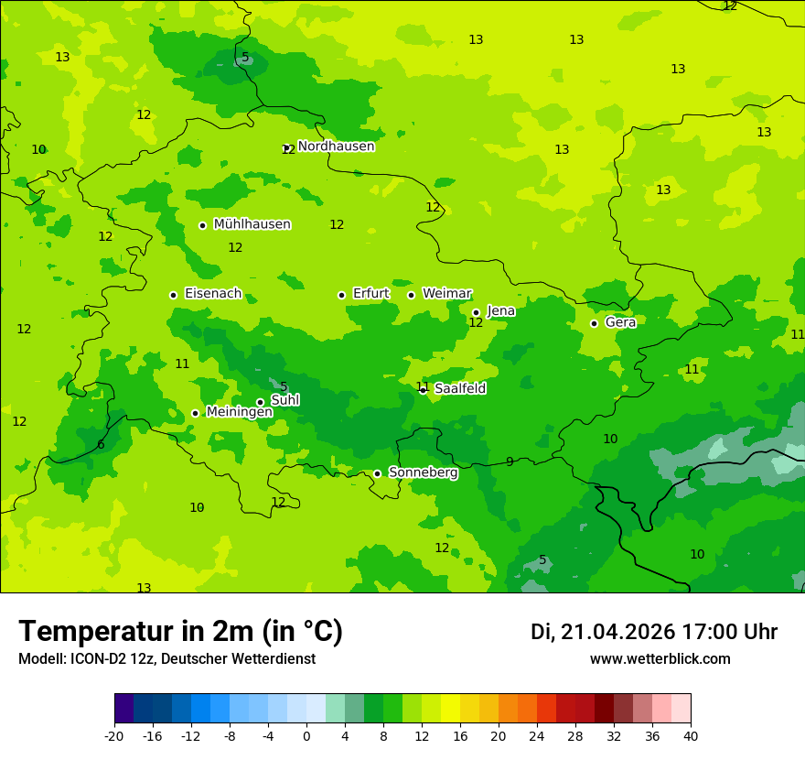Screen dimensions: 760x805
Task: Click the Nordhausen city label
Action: [x=336, y=147]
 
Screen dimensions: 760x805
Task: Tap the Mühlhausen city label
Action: [x=252, y=224]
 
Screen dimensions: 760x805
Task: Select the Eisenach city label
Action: [x=213, y=294]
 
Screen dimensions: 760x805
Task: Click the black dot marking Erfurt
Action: [x=341, y=295]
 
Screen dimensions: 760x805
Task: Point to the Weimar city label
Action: [x=446, y=294]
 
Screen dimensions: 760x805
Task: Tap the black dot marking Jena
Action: [x=476, y=312]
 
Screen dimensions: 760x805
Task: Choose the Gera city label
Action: [x=620, y=322]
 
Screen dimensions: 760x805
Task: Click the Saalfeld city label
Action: [x=460, y=388]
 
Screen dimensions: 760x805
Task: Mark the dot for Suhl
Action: [x=260, y=402]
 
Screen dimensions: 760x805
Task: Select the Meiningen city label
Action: [x=239, y=412]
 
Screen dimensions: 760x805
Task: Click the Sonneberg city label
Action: [x=424, y=472]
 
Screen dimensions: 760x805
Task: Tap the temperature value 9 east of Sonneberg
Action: [x=510, y=461]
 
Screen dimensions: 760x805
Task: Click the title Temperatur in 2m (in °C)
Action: [x=180, y=632]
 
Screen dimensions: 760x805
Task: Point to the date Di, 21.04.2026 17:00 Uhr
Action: [x=654, y=632]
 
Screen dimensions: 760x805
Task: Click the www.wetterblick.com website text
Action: [x=660, y=659]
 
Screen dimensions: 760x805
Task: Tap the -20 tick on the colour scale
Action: [x=114, y=735]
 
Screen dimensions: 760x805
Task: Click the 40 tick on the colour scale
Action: [x=691, y=735]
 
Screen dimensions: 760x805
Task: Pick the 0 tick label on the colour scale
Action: [x=306, y=735]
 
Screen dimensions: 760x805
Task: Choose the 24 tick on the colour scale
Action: [x=537, y=735]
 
